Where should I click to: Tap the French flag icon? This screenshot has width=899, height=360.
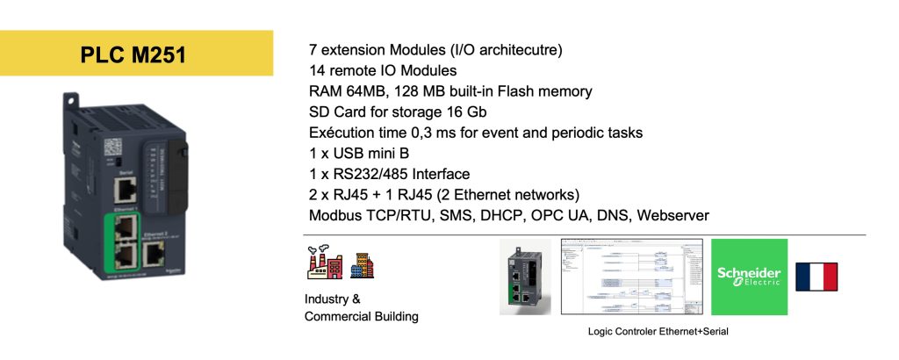click(x=816, y=277)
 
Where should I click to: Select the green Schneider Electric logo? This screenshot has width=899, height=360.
click(x=748, y=277)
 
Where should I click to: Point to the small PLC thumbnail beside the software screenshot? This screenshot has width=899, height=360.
click(x=525, y=277)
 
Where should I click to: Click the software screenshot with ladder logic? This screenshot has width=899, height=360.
click(x=631, y=277)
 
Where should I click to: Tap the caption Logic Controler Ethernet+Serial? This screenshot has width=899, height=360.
click(x=658, y=331)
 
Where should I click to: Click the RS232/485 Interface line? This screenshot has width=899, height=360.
click(x=389, y=174)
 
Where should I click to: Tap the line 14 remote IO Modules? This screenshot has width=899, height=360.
click(x=382, y=69)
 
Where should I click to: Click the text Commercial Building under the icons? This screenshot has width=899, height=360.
click(x=361, y=316)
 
